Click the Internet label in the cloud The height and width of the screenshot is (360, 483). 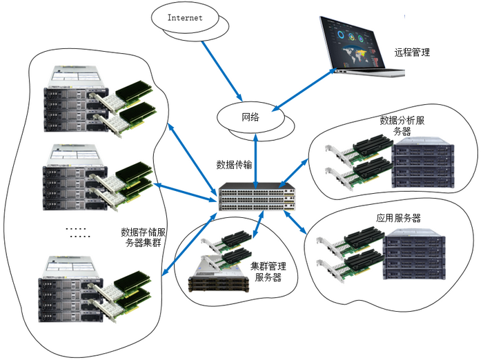click(x=186, y=18)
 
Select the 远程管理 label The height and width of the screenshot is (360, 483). click(x=412, y=52)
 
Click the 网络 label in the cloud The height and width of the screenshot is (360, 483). click(x=250, y=117)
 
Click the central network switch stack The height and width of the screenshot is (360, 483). click(x=255, y=197)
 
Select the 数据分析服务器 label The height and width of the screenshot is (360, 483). click(x=406, y=126)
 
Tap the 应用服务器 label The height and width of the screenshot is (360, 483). click(x=398, y=218)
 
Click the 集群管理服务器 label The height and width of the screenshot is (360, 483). click(x=268, y=272)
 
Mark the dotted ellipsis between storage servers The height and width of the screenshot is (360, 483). click(x=77, y=232)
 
